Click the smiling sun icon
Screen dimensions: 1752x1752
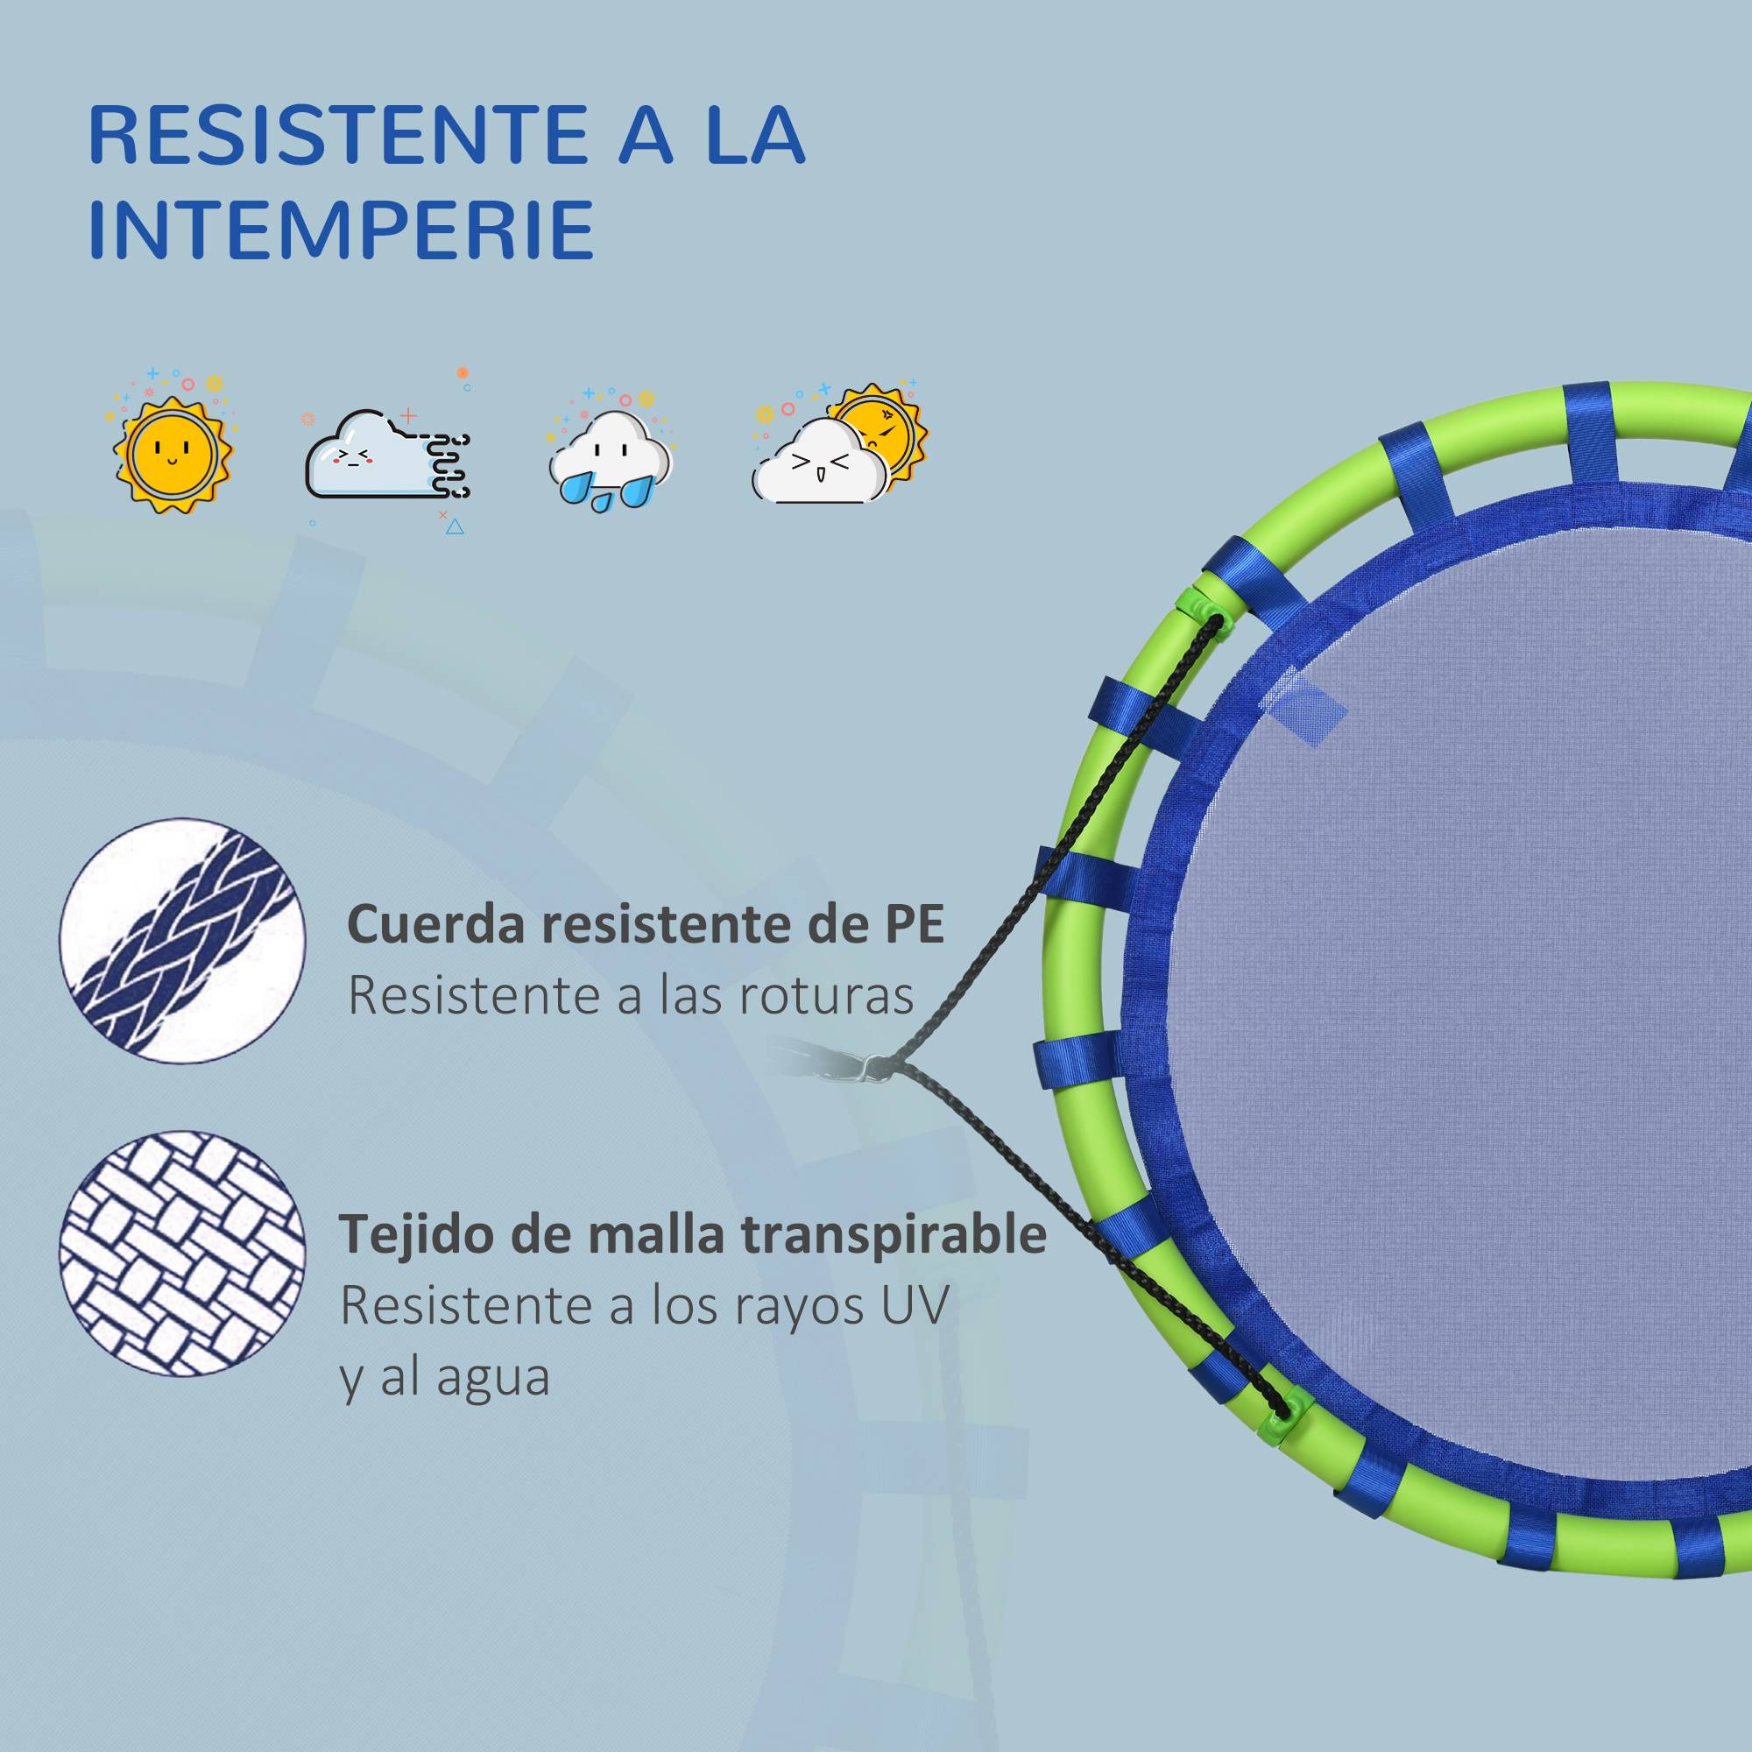click(x=173, y=449)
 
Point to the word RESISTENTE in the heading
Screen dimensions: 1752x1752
click(x=327, y=135)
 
